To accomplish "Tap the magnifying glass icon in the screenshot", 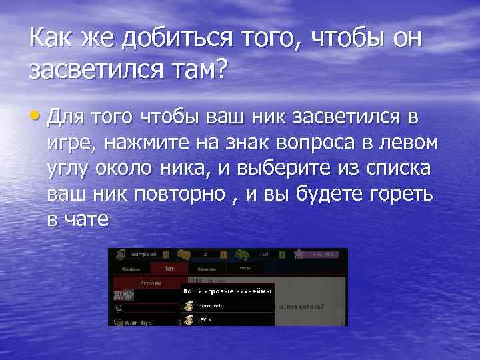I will [119, 309].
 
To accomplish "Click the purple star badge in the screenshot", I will [300, 254].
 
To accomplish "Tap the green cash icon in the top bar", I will [245, 254].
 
